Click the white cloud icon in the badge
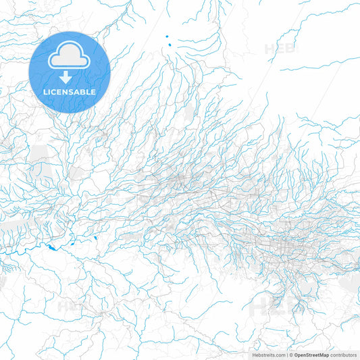pyautogui.click(x=70, y=57)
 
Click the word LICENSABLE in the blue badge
pyautogui.click(x=70, y=92)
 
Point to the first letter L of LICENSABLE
pyautogui.click(x=45, y=92)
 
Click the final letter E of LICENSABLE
pyautogui.click(x=94, y=92)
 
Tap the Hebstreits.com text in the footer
pyautogui.click(x=268, y=355)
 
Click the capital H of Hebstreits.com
pyautogui.click(x=254, y=355)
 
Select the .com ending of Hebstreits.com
pyautogui.click(x=279, y=355)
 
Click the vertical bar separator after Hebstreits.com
pyautogui.click(x=286, y=355)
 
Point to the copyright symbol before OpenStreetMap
pyautogui.click(x=291, y=355)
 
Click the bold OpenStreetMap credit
pyautogui.click(x=311, y=355)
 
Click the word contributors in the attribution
pyautogui.click(x=343, y=355)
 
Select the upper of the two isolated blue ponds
pyautogui.click(x=166, y=36)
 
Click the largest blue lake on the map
pyautogui.click(x=52, y=247)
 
